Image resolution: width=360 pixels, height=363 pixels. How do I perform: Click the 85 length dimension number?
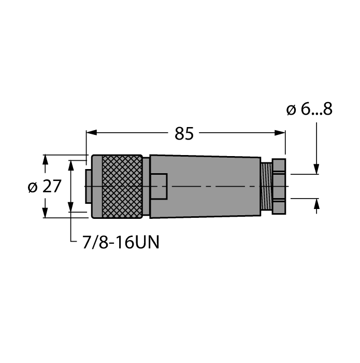tap(184, 134)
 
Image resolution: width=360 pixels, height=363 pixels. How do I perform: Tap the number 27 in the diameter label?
tap(52, 187)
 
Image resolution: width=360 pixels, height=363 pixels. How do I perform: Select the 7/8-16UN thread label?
tap(121, 242)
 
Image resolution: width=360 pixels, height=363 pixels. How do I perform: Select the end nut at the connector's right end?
tap(279, 186)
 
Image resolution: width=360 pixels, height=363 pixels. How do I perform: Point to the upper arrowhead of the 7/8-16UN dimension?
tap(71, 165)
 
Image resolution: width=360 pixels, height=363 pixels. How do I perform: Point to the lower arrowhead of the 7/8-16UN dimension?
tap(71, 207)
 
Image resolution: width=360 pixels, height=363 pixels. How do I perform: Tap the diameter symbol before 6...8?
tap(291, 110)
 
